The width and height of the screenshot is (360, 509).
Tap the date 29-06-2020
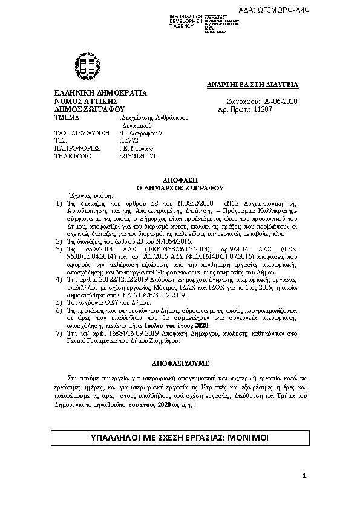coord(281,101)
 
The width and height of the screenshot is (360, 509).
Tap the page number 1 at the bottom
coord(305,478)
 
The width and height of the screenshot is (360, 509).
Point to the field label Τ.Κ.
coord(61,139)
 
